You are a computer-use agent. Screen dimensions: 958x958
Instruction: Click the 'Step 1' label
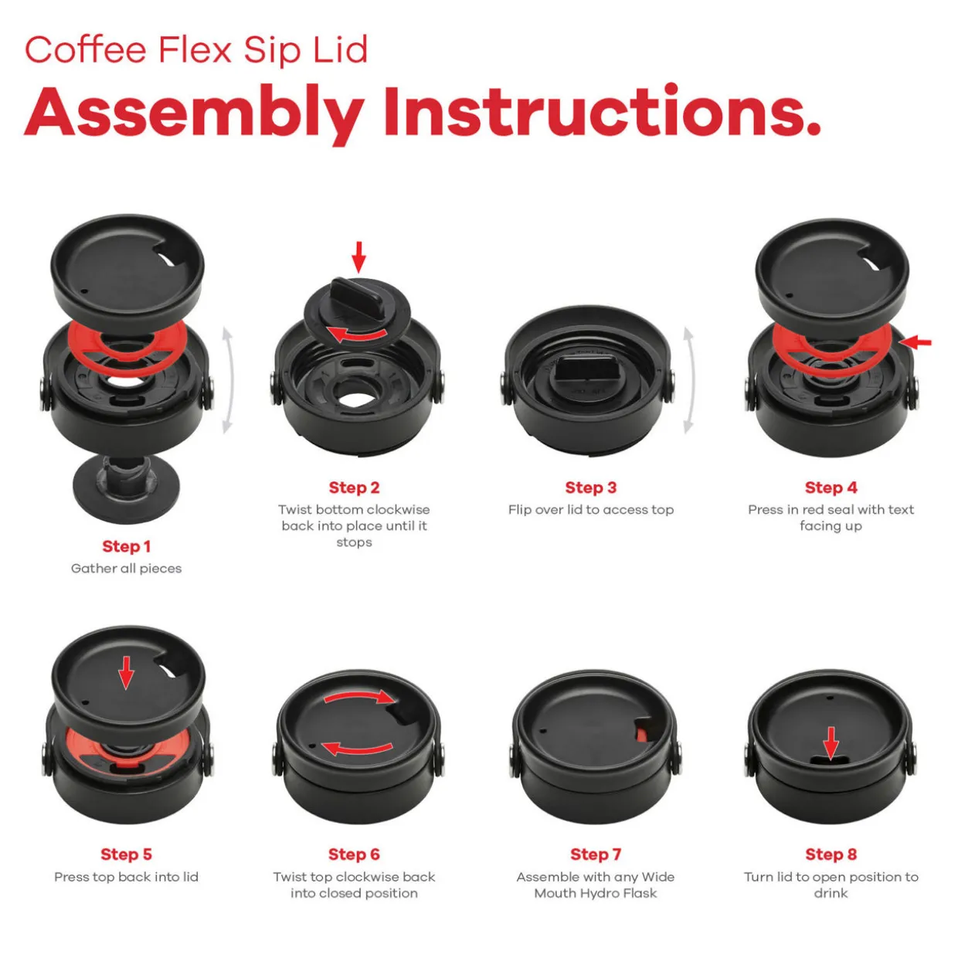(126, 546)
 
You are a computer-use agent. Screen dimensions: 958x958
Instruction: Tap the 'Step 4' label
(831, 487)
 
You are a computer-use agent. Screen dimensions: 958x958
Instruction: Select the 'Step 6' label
(354, 854)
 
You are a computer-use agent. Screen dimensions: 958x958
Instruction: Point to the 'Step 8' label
(831, 854)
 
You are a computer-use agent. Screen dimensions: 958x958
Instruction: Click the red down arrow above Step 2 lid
(358, 257)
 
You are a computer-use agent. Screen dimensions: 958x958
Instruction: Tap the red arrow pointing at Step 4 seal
(916, 342)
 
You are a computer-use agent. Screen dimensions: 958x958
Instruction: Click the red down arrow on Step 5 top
(126, 673)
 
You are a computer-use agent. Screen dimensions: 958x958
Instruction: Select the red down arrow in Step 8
(831, 744)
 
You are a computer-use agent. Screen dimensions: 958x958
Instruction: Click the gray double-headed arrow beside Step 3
(690, 380)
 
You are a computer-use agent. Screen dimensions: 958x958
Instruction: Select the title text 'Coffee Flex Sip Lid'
(196, 50)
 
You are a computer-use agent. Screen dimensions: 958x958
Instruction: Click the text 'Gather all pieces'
(126, 569)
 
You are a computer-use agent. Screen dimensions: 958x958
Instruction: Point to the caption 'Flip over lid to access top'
(590, 510)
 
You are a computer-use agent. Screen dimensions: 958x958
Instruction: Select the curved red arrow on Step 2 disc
(357, 335)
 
